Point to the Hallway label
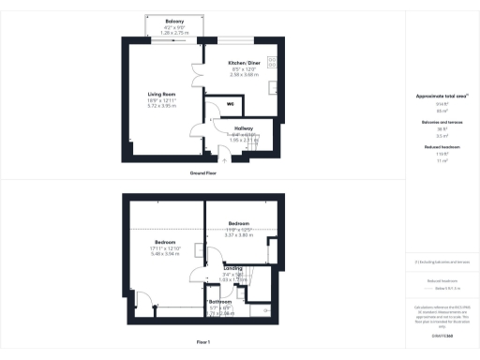[245, 127]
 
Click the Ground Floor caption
[203, 173]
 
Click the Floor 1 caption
[203, 342]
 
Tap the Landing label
[232, 268]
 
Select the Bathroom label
[220, 301]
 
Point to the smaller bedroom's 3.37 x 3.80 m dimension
[240, 234]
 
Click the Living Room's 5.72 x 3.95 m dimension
[163, 106]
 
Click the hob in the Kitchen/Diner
[272, 63]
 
